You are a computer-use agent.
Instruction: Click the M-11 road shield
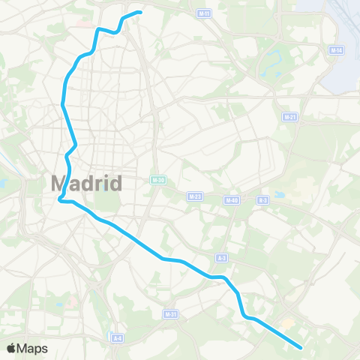[x=204, y=13]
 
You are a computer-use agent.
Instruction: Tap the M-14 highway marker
[x=336, y=50]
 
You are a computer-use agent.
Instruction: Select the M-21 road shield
[x=289, y=117]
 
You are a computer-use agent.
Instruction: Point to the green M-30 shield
[x=157, y=180]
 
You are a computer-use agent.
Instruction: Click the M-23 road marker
[x=195, y=196]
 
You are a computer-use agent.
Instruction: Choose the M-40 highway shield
[x=231, y=199]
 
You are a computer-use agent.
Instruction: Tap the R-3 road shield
[x=262, y=199]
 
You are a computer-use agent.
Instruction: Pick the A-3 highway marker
[x=221, y=258]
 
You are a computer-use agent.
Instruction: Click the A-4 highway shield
[x=117, y=338]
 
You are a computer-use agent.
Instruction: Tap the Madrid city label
[x=86, y=182]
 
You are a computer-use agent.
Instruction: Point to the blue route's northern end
[x=140, y=11]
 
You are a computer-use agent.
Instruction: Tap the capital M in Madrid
[x=60, y=182]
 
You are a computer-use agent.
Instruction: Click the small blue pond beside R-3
[x=279, y=194]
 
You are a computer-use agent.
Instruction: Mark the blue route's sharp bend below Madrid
[x=60, y=199]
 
